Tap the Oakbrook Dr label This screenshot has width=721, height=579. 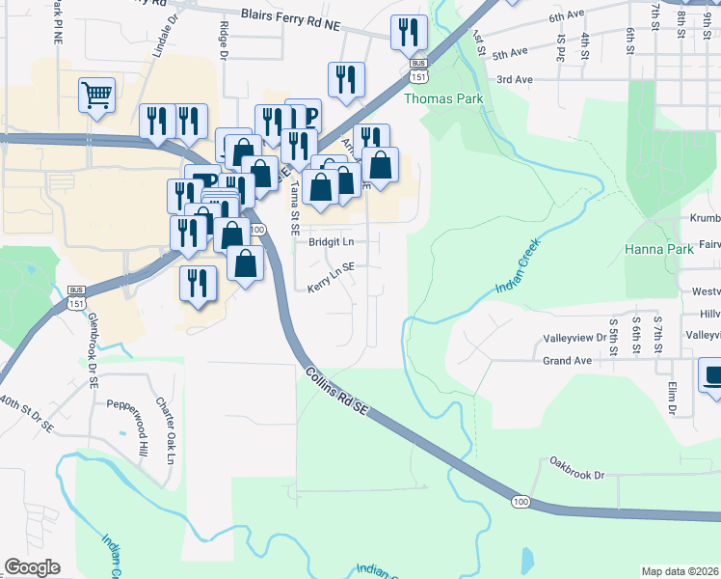(578, 475)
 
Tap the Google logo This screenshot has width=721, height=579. (33, 567)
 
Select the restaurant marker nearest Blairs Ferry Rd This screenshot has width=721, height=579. (409, 32)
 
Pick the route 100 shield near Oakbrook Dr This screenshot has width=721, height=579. (521, 502)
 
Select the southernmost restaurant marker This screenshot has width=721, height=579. (198, 284)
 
